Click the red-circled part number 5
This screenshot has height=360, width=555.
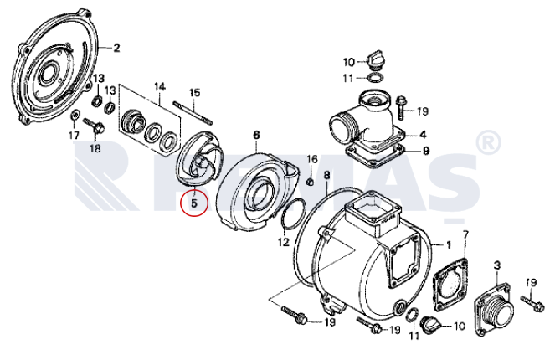[193, 203]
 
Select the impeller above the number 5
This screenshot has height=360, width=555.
[201, 158]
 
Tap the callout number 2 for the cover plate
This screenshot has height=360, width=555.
[116, 49]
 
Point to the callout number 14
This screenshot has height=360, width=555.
[160, 87]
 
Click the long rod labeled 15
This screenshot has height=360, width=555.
[193, 113]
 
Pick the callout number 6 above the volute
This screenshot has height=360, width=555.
[256, 135]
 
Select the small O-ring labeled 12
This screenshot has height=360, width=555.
[294, 214]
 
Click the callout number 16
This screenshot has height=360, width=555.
[312, 159]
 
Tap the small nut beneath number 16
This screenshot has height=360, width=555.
[310, 182]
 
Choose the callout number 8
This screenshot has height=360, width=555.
[326, 175]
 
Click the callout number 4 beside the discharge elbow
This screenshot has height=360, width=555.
[423, 135]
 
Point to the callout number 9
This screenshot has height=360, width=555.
[426, 151]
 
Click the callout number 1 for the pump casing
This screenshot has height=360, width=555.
[449, 244]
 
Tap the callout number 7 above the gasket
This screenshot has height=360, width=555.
[465, 235]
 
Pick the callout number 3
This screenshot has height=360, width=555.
[497, 265]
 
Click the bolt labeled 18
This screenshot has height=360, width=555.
[94, 126]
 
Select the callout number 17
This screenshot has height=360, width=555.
[74, 136]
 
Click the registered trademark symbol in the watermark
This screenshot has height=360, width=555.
[487, 142]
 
